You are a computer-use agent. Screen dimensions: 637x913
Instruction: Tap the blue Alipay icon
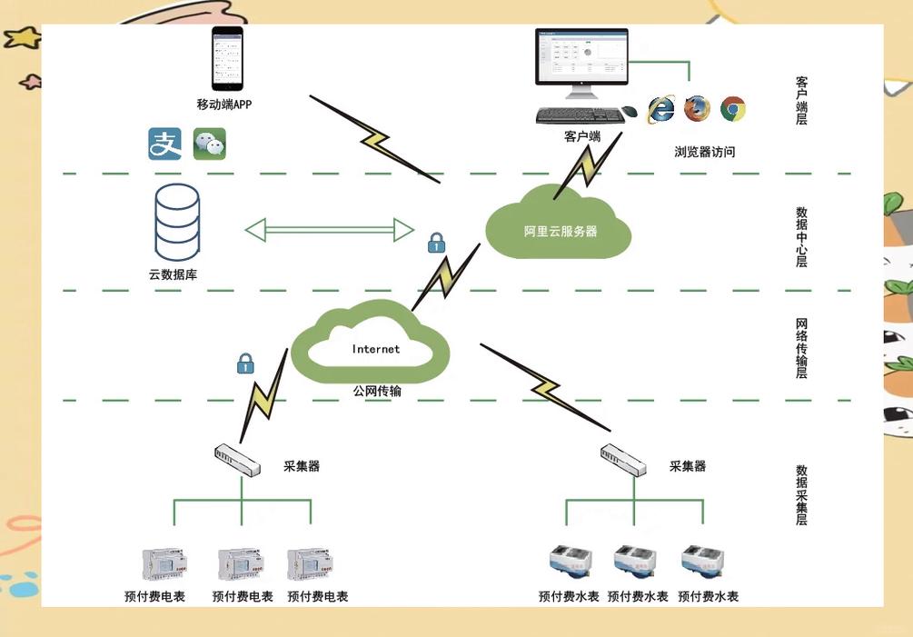pyautogui.click(x=164, y=144)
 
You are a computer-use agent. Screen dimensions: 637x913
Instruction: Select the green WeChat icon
pyautogui.click(x=210, y=144)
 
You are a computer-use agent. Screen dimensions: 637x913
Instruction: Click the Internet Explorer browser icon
pyautogui.click(x=660, y=109)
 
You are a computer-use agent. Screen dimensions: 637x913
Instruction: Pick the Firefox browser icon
pyautogui.click(x=697, y=109)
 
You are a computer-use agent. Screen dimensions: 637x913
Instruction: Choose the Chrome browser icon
pyautogui.click(x=733, y=109)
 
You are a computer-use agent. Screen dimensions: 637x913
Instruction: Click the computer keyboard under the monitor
pyautogui.click(x=577, y=115)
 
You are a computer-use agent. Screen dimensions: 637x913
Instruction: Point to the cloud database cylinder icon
pyautogui.click(x=176, y=224)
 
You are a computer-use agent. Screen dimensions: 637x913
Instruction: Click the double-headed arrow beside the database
pyautogui.click(x=330, y=229)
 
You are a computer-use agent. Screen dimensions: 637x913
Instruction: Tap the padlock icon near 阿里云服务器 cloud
pyautogui.click(x=436, y=243)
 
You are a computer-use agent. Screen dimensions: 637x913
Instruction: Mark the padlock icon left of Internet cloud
pyautogui.click(x=244, y=363)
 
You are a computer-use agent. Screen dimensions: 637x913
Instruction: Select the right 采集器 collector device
pyautogui.click(x=623, y=460)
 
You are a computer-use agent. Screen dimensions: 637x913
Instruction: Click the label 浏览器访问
pyautogui.click(x=704, y=152)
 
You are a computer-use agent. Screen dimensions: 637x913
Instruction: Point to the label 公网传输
pyautogui.click(x=377, y=391)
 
